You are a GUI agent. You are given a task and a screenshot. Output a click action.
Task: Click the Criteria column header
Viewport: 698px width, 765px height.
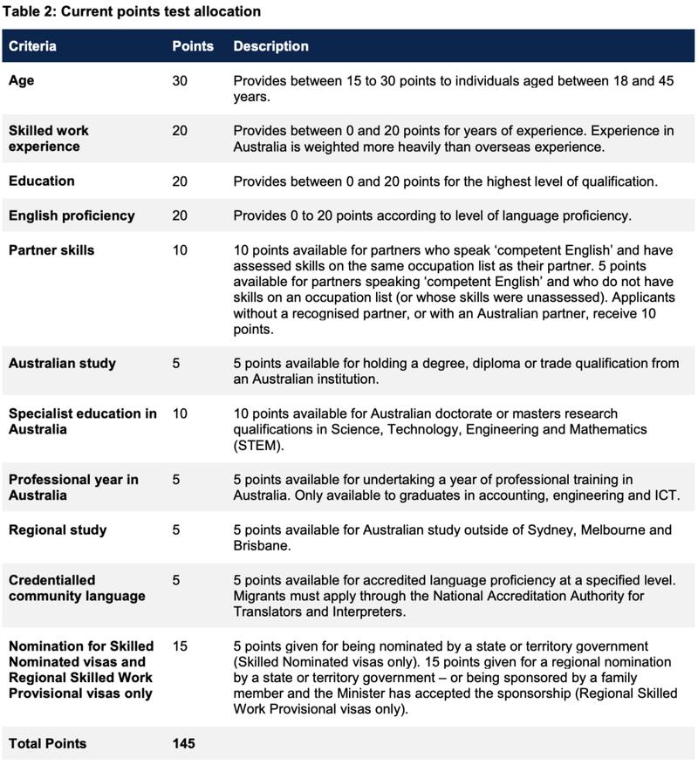[32, 46]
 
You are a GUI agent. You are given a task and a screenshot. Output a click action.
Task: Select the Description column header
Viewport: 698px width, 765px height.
[270, 46]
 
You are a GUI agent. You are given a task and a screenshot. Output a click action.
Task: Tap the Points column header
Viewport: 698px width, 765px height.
[193, 46]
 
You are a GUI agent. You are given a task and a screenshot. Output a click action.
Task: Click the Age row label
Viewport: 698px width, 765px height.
[22, 80]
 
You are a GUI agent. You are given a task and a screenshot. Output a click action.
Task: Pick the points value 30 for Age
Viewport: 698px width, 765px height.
[181, 80]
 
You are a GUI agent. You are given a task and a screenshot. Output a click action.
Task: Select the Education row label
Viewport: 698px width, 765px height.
[42, 181]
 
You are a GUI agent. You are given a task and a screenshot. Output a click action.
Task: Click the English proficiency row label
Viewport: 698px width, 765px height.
[72, 215]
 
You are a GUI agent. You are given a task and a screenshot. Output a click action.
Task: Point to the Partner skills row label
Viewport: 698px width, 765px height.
[51, 250]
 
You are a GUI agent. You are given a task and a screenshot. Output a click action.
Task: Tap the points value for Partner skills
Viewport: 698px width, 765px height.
[180, 250]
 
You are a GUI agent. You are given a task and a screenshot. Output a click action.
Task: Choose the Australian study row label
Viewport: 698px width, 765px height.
[62, 363]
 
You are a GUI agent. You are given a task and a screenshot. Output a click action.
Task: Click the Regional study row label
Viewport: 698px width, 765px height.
[58, 529]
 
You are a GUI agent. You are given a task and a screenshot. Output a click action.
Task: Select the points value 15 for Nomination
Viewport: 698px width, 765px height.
[180, 646]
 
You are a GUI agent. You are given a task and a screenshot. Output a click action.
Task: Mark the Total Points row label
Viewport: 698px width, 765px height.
[48, 744]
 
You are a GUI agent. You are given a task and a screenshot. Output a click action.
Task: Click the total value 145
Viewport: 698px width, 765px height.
[183, 744]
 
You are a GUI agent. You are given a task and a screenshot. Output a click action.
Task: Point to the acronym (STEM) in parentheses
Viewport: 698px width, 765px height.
[257, 446]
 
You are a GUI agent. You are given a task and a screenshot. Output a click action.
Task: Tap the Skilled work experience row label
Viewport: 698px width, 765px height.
[49, 139]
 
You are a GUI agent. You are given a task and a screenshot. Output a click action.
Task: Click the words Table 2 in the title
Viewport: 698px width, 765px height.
[31, 12]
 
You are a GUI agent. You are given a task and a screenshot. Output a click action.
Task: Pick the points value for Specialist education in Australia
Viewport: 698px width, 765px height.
[180, 413]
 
